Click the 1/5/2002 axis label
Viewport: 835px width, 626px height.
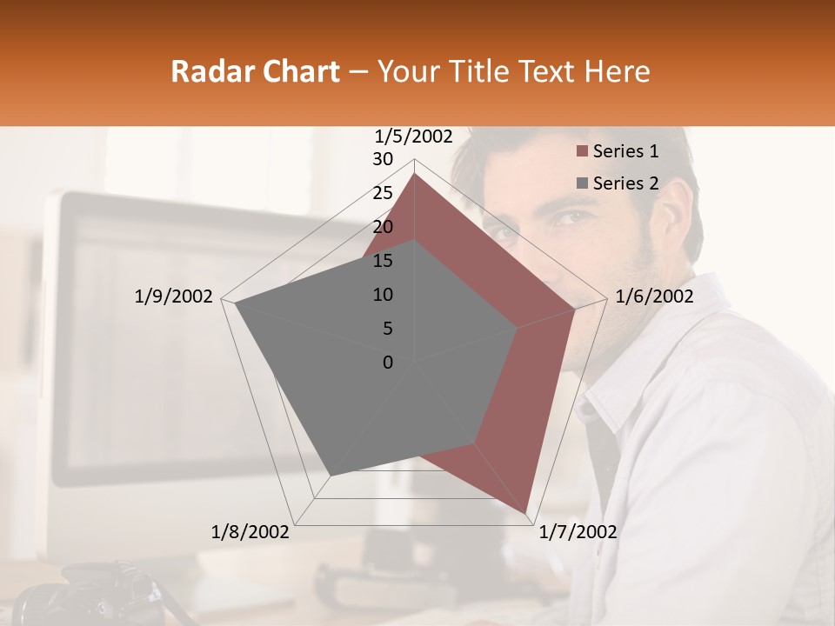click(x=414, y=137)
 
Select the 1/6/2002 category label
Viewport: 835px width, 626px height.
click(x=654, y=296)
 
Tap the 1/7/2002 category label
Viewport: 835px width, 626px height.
click(x=578, y=532)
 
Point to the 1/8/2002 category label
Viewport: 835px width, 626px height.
click(x=250, y=532)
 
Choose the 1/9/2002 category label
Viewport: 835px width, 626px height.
click(x=173, y=296)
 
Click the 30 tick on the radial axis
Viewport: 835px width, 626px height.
click(x=383, y=159)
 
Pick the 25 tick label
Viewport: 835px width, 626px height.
click(x=383, y=193)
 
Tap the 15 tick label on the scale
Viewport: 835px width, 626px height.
click(x=383, y=261)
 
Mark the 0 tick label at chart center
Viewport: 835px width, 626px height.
click(x=388, y=363)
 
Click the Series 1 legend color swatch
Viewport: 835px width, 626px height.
click(x=582, y=152)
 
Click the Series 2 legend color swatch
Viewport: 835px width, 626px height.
click(x=582, y=183)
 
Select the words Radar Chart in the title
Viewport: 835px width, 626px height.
click(x=255, y=71)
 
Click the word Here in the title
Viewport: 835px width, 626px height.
click(x=617, y=71)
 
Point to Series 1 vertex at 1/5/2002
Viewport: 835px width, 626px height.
click(x=414, y=173)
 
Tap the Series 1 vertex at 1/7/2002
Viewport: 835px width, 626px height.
click(x=525, y=513)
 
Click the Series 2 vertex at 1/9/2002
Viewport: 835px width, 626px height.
click(x=235, y=303)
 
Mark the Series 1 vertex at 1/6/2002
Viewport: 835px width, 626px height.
click(x=575, y=309)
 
